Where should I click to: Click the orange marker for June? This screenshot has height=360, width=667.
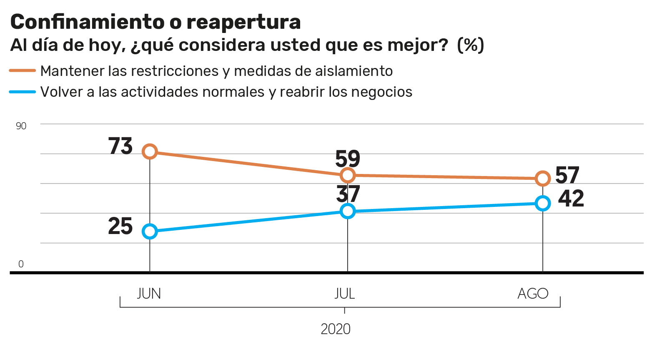point(150,151)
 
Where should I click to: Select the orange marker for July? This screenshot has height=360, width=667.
point(347,175)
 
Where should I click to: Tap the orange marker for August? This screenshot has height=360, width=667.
point(543,179)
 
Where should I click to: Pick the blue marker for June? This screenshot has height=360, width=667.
point(150,232)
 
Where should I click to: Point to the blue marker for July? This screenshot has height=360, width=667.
point(347,211)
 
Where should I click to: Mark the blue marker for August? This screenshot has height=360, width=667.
point(543,204)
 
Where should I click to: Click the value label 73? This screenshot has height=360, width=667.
point(120,146)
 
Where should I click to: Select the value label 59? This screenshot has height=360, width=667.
point(348,159)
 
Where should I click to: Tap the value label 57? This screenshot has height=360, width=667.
point(567,175)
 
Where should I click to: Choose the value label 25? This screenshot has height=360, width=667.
point(120,227)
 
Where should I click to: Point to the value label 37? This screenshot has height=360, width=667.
point(348,194)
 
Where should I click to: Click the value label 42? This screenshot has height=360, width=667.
point(571,199)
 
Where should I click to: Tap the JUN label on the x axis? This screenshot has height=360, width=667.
point(149,294)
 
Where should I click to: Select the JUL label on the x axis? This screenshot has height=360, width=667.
point(345,294)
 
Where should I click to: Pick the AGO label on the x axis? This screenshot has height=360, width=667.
point(533,294)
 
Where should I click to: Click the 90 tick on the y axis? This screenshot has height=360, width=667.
point(21,126)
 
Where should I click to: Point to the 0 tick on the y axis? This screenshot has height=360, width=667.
point(21,264)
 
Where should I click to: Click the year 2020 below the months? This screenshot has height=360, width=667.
point(336,329)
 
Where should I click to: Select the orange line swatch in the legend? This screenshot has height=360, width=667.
point(23,71)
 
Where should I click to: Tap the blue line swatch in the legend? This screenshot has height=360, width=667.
point(23,92)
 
